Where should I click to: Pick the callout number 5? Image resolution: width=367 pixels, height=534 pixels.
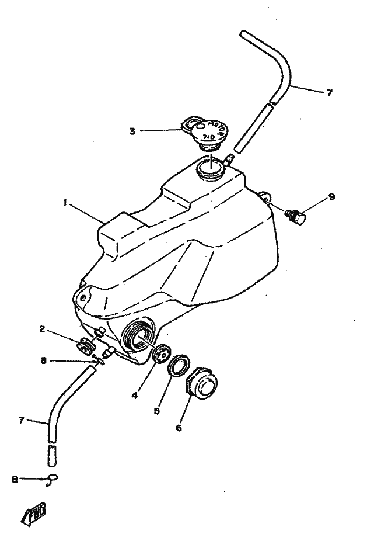tap(156, 411)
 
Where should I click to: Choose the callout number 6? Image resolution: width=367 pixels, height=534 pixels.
tap(179, 427)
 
